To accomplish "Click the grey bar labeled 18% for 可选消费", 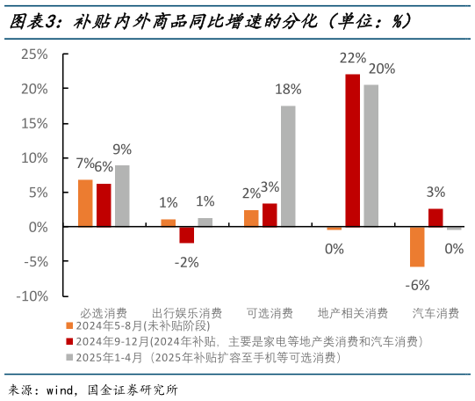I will [x=288, y=166].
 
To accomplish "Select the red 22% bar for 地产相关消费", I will [x=352, y=150].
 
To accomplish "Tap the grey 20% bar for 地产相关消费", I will [x=371, y=156].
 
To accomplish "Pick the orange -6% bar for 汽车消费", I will [x=417, y=247].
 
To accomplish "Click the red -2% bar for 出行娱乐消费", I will [x=186, y=235].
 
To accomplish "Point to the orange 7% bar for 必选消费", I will [x=85, y=203].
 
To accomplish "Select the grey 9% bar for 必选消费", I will [x=122, y=196].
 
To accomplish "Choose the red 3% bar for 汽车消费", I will [x=435, y=218].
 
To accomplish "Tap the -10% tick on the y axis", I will [x=32, y=296].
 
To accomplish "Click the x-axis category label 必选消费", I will [x=104, y=313].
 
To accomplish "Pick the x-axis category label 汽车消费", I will [x=435, y=313].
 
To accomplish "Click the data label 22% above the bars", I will [x=352, y=59].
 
